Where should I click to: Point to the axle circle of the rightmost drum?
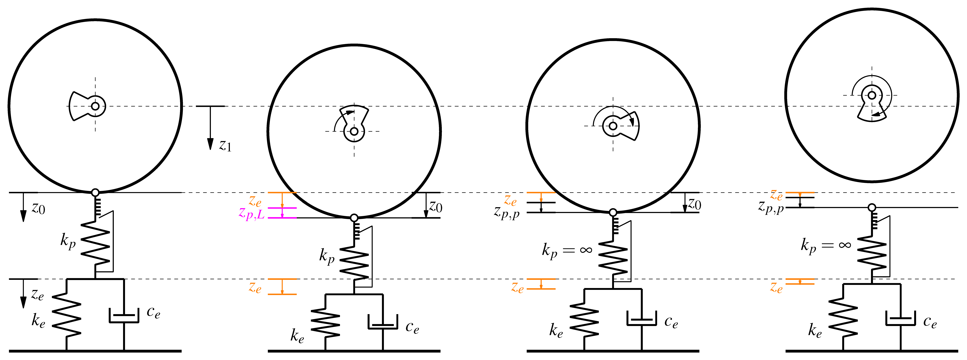(x=872, y=95)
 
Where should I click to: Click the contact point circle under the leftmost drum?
(x=95, y=193)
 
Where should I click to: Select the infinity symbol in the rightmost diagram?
(x=845, y=245)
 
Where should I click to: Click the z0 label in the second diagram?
(x=435, y=206)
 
